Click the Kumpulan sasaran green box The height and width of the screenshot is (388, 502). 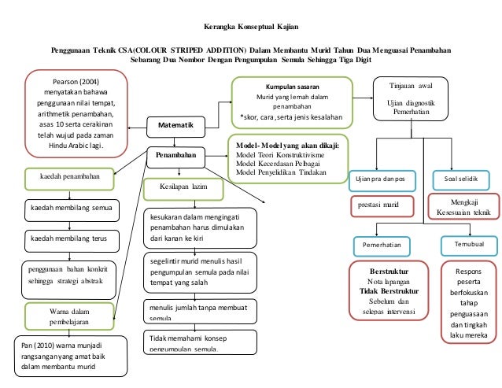point(291,102)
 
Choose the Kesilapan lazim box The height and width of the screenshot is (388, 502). point(175,189)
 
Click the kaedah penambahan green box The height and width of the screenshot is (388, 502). point(72,177)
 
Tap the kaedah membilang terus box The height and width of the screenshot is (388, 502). point(70,237)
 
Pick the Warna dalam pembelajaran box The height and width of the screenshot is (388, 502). point(72,316)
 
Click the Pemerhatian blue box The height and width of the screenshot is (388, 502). point(382,246)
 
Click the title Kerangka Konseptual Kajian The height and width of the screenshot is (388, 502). point(251,25)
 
